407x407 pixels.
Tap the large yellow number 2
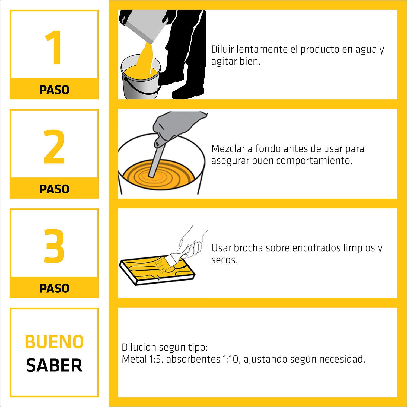[54, 147]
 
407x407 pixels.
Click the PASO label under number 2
[54, 189]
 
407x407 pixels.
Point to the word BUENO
[54, 342]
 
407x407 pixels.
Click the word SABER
[54, 365]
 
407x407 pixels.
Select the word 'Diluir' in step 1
[222, 49]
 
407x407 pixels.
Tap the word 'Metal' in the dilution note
[134, 359]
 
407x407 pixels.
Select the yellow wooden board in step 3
[152, 271]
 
